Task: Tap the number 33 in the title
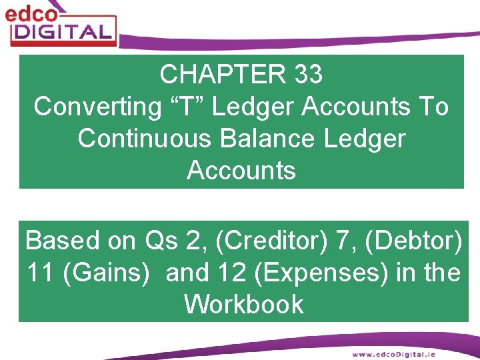point(307,75)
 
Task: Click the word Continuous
point(146,139)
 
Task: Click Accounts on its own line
point(241,171)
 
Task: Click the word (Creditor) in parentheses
point(272,240)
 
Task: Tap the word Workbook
point(243,305)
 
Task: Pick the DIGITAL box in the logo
point(63,31)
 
